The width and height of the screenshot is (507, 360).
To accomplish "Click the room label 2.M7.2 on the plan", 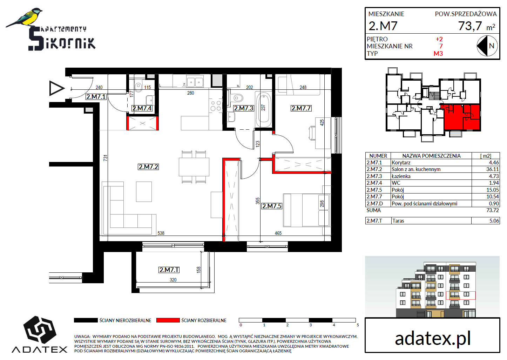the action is tap(148, 167).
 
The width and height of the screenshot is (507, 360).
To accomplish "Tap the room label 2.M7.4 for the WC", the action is tap(142, 108).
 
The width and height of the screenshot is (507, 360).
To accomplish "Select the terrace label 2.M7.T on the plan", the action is tap(169, 270).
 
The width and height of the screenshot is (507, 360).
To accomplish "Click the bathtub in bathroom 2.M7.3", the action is tap(263, 109).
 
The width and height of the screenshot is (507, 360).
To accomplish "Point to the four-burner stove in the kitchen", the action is tap(216, 106).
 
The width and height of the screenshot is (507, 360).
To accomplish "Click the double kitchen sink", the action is tap(195, 82).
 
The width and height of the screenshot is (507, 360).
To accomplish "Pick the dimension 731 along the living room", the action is tap(105, 158).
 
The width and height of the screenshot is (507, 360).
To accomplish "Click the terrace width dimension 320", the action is tap(173, 280).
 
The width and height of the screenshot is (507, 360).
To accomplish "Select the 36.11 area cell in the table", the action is tap(493, 169).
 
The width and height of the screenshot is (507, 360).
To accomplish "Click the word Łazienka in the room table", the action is tap(401, 176).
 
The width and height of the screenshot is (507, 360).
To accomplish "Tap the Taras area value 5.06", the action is tap(494, 220).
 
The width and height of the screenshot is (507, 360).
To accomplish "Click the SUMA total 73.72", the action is tap(493, 210).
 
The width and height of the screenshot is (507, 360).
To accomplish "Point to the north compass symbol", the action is tap(487, 46).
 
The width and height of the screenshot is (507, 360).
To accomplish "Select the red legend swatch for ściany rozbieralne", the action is tap(168, 320).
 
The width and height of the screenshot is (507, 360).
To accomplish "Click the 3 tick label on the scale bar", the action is tap(311, 325).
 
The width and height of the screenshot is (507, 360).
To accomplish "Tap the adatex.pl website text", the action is tap(433, 339).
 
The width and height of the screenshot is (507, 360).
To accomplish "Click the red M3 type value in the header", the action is tap(438, 54).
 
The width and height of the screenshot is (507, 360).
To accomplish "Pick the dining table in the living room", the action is tap(194, 167).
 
